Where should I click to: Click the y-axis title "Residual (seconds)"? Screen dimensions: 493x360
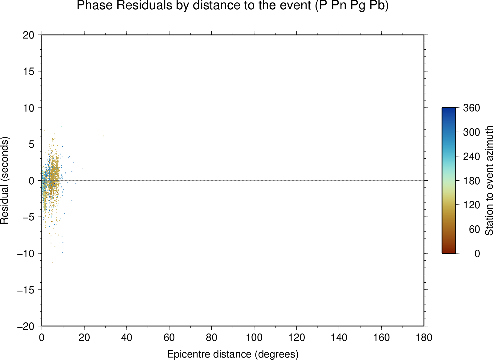click(5, 181)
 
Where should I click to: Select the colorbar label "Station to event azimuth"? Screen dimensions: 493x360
click(489, 181)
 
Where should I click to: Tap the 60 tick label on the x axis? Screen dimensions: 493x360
click(169, 337)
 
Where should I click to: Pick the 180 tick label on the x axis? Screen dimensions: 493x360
click(424, 337)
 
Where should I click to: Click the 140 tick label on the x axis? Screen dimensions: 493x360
click(339, 337)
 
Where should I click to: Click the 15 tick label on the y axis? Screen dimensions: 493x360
click(29, 71)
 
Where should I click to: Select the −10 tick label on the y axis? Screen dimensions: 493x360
click(26, 254)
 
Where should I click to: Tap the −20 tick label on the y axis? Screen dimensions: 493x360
click(26, 326)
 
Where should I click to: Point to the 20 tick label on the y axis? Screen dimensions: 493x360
click(29, 35)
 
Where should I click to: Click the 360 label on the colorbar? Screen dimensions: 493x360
click(471, 108)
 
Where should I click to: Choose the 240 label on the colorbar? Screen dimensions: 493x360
click(471, 157)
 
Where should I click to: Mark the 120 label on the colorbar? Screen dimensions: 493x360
click(471, 205)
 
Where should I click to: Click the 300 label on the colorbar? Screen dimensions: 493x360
click(471, 132)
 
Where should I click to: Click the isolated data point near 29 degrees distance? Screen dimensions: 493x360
click(104, 136)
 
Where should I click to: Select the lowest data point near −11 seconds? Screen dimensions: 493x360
click(53, 262)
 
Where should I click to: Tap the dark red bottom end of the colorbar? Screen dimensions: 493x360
click(449, 251)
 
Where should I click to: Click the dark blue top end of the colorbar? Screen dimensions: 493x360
click(449, 110)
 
